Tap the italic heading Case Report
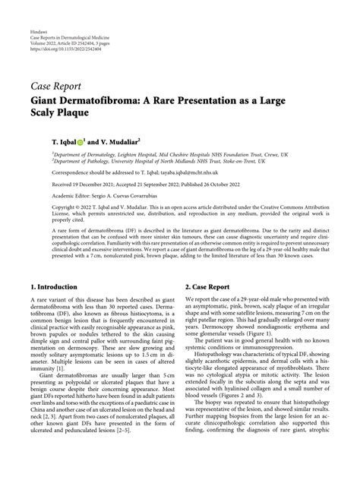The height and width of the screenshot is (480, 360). point(57,86)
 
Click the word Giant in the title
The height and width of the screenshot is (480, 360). point(47,99)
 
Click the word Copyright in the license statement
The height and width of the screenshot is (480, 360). point(45,207)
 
